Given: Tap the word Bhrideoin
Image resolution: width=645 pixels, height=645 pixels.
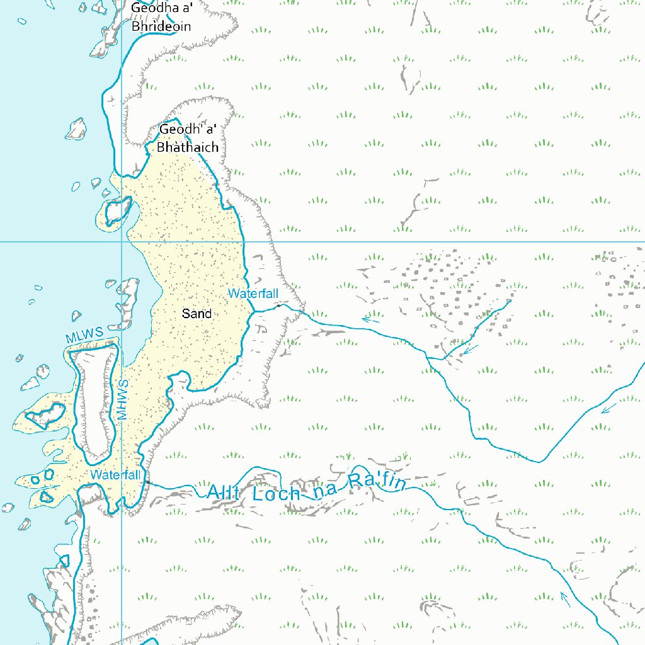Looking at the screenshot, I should point(161,27).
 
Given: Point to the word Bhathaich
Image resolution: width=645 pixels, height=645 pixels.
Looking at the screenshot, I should point(188,147).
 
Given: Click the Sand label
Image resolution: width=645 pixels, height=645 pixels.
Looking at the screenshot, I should point(197,313).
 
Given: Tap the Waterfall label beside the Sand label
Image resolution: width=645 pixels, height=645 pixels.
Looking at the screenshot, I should point(253,294).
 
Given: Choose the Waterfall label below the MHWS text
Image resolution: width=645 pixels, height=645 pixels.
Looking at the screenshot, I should point(115,474).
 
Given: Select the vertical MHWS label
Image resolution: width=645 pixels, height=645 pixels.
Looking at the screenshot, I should point(123,399).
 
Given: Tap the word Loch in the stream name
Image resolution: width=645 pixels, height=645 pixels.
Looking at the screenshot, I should point(276,493).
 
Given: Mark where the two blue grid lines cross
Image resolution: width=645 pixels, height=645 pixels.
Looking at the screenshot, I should point(122,241).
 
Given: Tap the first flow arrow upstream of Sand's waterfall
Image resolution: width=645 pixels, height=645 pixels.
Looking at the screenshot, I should point(371,319).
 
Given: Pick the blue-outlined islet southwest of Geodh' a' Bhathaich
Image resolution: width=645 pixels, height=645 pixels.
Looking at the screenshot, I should point(117,210).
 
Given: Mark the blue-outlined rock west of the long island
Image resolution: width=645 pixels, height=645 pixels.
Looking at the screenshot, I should point(45,415).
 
